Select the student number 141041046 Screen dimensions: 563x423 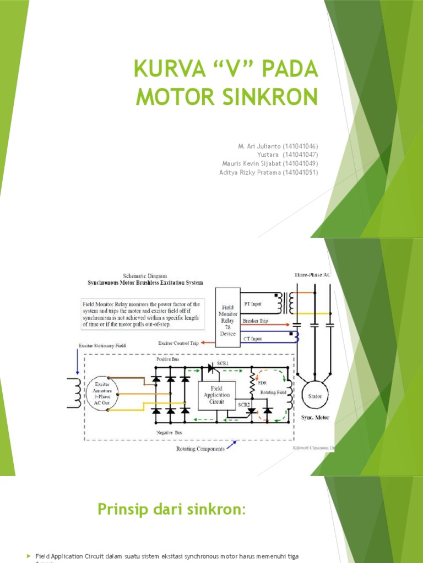300,146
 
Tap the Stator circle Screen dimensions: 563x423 316,396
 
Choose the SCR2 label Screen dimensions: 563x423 243,404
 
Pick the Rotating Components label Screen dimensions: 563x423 201,449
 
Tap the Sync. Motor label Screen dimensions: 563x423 316,418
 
